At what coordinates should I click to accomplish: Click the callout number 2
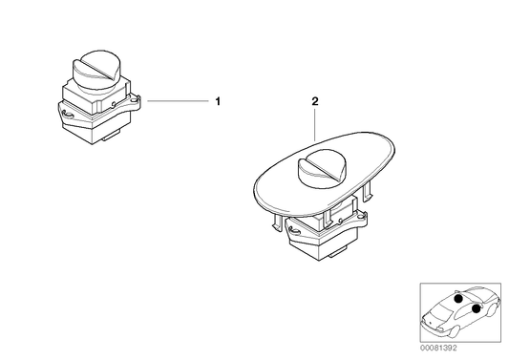[315, 99]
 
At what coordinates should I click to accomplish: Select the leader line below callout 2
[315, 123]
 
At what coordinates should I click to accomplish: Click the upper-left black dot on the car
[458, 300]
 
